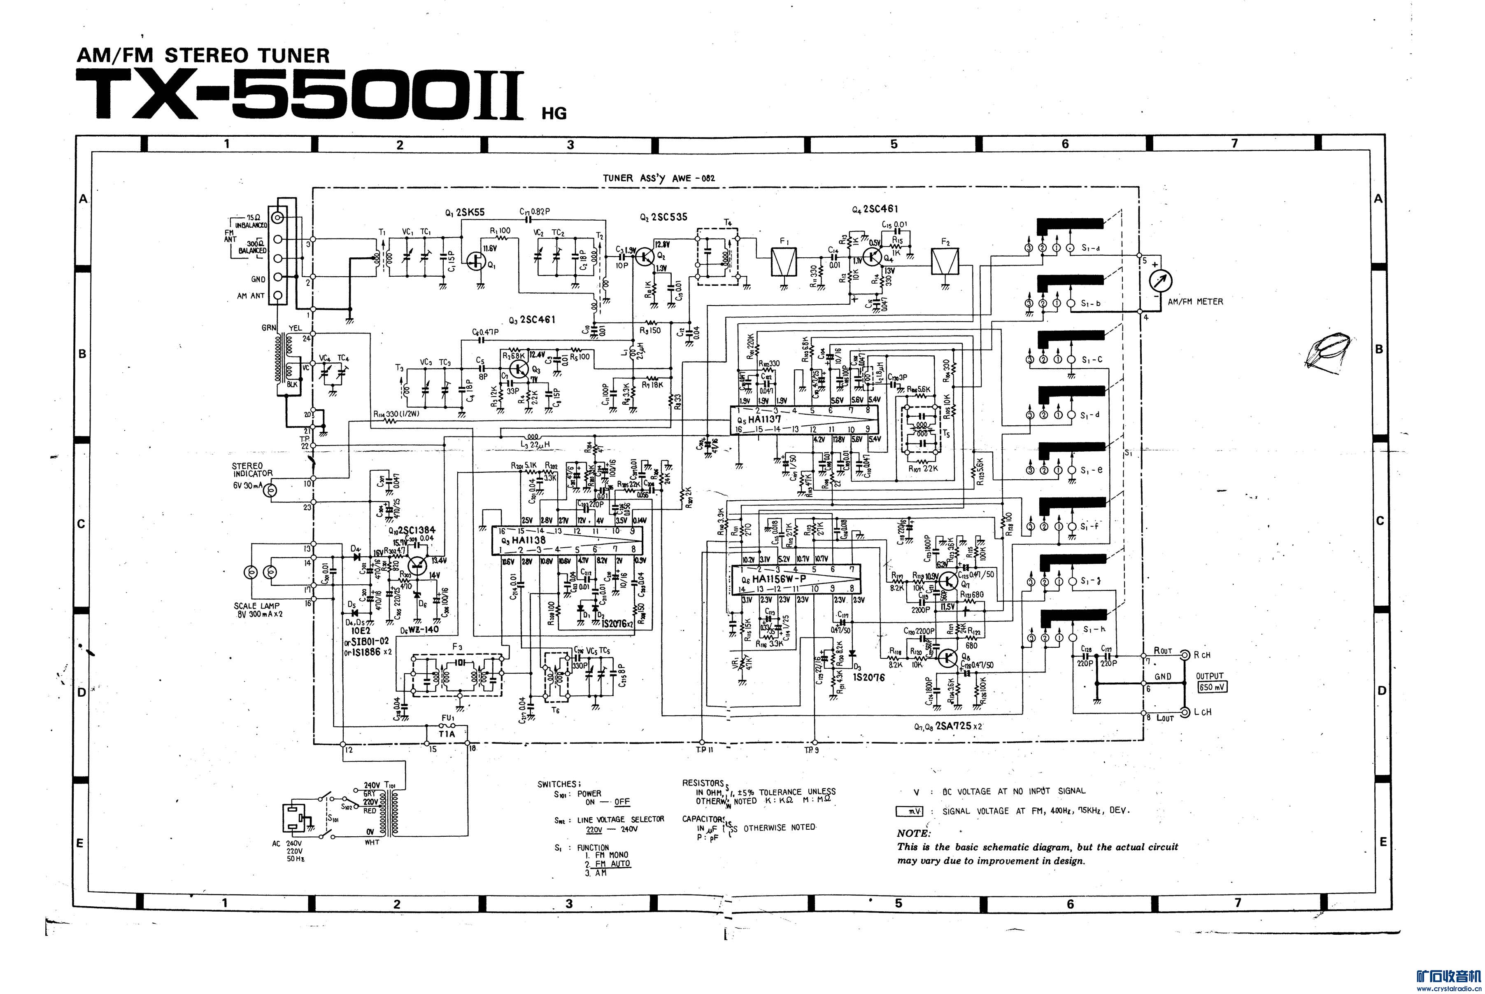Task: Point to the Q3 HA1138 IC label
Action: coord(523,540)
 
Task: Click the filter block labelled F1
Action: coord(785,261)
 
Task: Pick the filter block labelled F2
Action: coord(945,261)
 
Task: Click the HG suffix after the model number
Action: coord(554,114)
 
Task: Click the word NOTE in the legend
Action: coord(913,833)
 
